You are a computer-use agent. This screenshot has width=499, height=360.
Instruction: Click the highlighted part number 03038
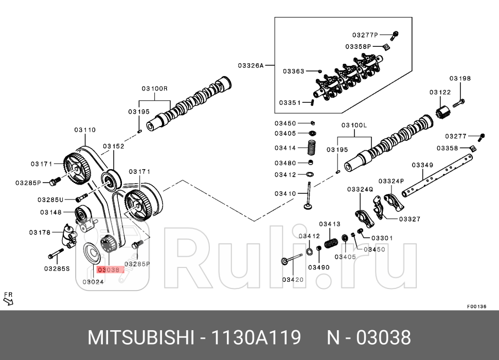point(109,269)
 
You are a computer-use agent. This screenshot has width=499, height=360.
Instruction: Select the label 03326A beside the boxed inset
point(251,65)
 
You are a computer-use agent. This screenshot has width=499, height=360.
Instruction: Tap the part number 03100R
point(155,88)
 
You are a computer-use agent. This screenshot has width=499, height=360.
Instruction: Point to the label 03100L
point(354,125)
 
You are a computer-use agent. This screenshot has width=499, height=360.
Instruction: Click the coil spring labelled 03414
point(311,148)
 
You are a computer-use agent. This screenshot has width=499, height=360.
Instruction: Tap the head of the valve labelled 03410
point(309,207)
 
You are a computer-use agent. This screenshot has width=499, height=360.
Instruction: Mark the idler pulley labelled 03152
point(110,180)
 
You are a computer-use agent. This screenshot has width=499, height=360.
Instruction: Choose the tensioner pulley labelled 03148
point(82,213)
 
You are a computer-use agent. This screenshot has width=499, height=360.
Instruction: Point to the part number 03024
point(93,282)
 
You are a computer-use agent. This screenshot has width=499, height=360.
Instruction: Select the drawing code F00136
point(476,307)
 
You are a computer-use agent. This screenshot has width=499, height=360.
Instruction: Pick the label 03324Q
point(360,189)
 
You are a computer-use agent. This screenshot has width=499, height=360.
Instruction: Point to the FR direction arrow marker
point(8,298)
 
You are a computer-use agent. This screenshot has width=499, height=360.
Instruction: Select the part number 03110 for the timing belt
point(84,130)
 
